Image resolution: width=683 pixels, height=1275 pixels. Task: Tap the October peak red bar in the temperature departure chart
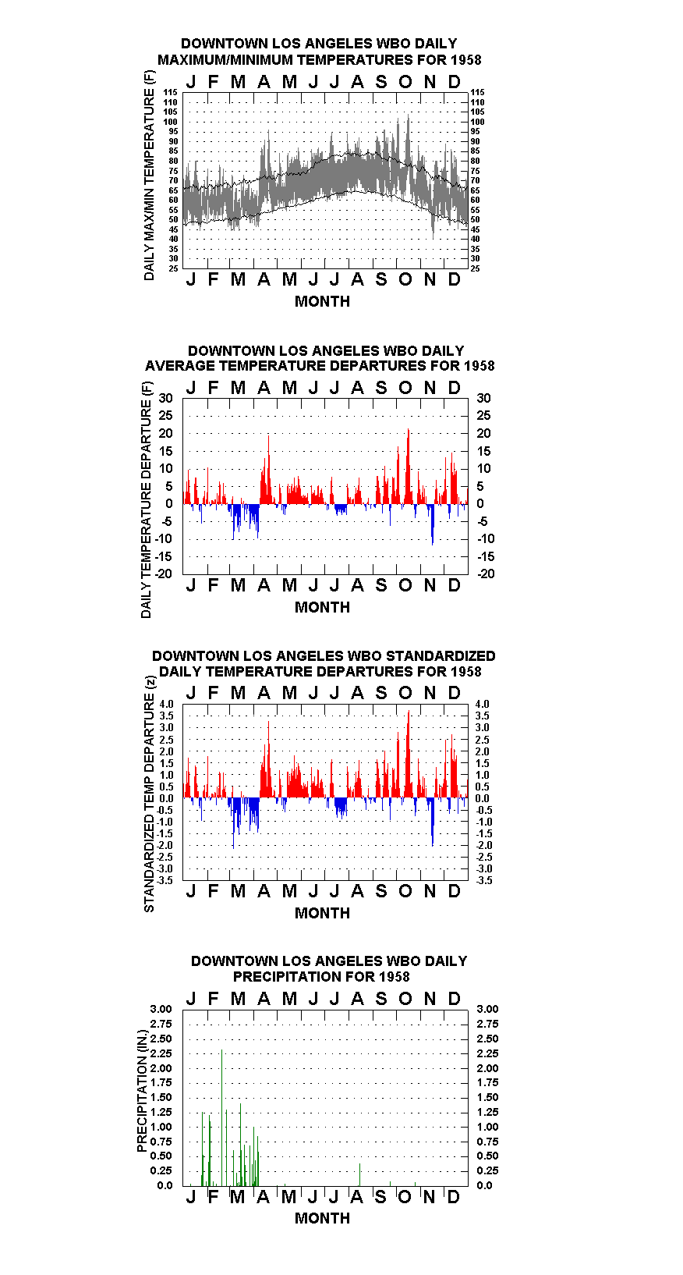click(409, 467)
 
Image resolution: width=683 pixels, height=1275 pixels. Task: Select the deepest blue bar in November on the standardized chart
click(433, 822)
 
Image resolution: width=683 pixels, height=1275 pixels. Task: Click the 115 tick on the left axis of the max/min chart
click(171, 92)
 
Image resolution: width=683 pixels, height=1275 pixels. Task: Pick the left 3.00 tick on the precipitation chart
click(161, 1009)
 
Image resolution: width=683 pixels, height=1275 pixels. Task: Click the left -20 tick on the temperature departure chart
click(163, 574)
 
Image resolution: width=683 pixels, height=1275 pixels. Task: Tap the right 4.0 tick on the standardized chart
click(483, 704)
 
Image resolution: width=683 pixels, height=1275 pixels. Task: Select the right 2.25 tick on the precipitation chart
click(487, 1053)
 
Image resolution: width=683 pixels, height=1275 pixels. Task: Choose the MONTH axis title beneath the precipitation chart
click(323, 1218)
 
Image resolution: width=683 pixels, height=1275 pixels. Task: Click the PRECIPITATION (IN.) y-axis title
click(142, 1091)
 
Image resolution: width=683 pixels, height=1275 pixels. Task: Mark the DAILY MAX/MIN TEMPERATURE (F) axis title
click(149, 176)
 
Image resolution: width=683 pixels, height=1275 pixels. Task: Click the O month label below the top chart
click(405, 279)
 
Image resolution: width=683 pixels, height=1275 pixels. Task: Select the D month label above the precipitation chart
click(454, 999)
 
